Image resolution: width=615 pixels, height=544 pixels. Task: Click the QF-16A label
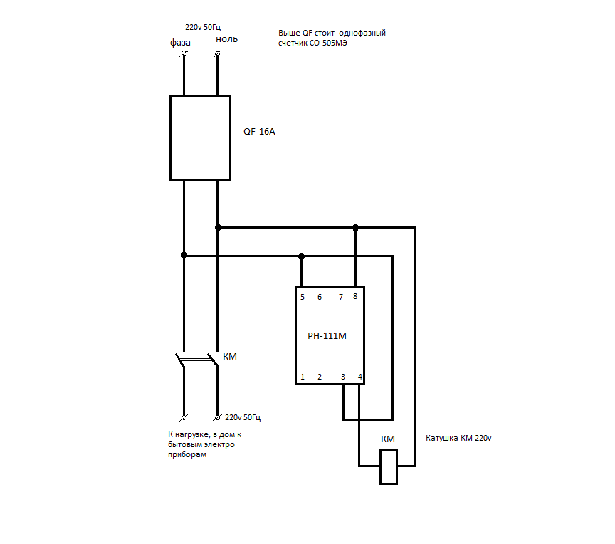(x=259, y=132)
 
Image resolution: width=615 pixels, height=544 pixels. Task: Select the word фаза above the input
(x=180, y=42)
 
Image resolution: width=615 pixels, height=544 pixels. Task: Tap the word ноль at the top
(x=226, y=39)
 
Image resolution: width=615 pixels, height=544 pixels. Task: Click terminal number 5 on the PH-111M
(x=303, y=297)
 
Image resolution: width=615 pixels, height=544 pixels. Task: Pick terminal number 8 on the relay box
(x=355, y=296)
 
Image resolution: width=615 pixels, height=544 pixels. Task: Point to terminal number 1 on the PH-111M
(x=303, y=377)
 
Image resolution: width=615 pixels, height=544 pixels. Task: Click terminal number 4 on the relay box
(x=360, y=377)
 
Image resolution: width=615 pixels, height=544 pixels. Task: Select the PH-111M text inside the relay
(x=327, y=336)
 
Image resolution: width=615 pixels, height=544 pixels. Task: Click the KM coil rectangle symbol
(x=389, y=466)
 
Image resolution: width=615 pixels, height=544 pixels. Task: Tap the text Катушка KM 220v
(x=458, y=438)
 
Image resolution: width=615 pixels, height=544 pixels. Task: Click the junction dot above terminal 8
(x=355, y=227)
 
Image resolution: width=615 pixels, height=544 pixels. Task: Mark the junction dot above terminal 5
(x=301, y=256)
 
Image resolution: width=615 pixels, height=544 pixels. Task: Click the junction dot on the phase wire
(x=184, y=256)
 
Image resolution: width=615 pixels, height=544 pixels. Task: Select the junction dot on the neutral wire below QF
(x=218, y=227)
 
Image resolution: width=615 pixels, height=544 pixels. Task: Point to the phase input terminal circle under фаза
(x=184, y=53)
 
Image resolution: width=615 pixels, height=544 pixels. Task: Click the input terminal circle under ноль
(x=218, y=53)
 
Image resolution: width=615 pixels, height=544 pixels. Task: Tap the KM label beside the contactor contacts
(x=230, y=357)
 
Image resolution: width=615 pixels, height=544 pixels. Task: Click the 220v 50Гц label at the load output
(x=243, y=417)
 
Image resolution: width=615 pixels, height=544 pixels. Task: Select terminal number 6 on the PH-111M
(x=320, y=297)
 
